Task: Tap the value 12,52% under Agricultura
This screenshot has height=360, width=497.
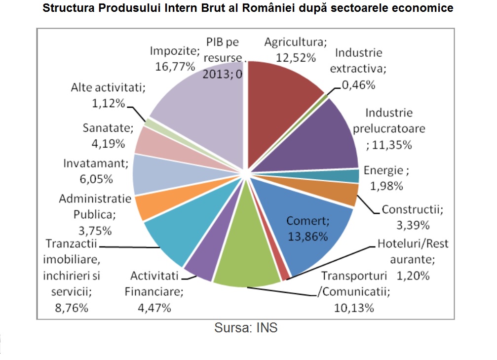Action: point(296,57)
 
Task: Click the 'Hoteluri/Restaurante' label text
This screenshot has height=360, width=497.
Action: point(413,251)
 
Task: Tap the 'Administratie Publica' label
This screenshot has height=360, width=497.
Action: point(95,207)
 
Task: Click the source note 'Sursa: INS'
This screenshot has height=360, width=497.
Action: point(246,327)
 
